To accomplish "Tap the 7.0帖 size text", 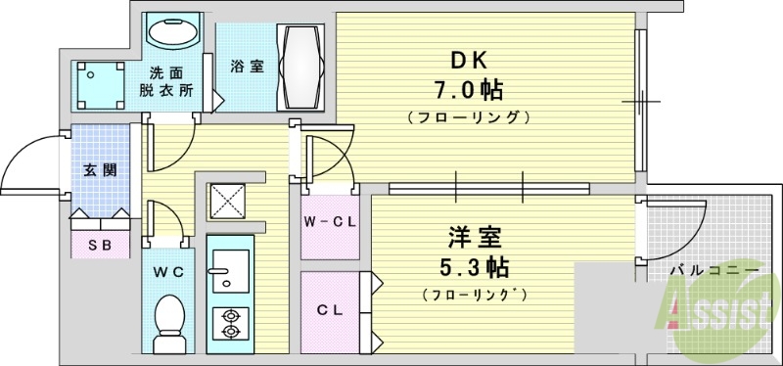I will point(468,91).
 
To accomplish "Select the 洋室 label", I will point(468,236).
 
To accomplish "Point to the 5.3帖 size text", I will point(474,266).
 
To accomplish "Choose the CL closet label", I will point(329,311).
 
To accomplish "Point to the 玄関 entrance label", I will point(100,170).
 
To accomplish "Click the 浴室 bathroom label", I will point(246,67).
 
